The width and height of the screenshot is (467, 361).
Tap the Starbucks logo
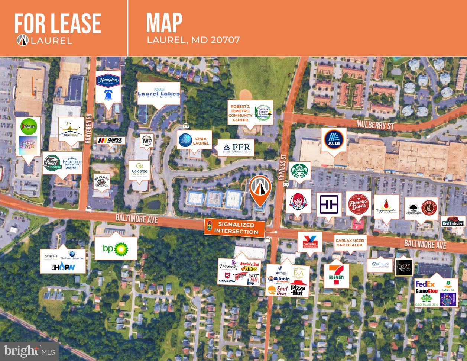299,172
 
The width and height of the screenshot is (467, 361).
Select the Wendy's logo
298,201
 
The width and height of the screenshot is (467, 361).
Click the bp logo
116,248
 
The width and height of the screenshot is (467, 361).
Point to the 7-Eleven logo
336,275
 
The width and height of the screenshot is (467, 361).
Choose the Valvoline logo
310,242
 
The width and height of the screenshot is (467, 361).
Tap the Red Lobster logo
453,222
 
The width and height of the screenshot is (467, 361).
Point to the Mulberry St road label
374,124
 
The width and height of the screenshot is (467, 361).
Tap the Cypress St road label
281,167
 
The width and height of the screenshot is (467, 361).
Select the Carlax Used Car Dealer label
350,243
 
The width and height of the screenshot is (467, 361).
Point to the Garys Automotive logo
111,141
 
